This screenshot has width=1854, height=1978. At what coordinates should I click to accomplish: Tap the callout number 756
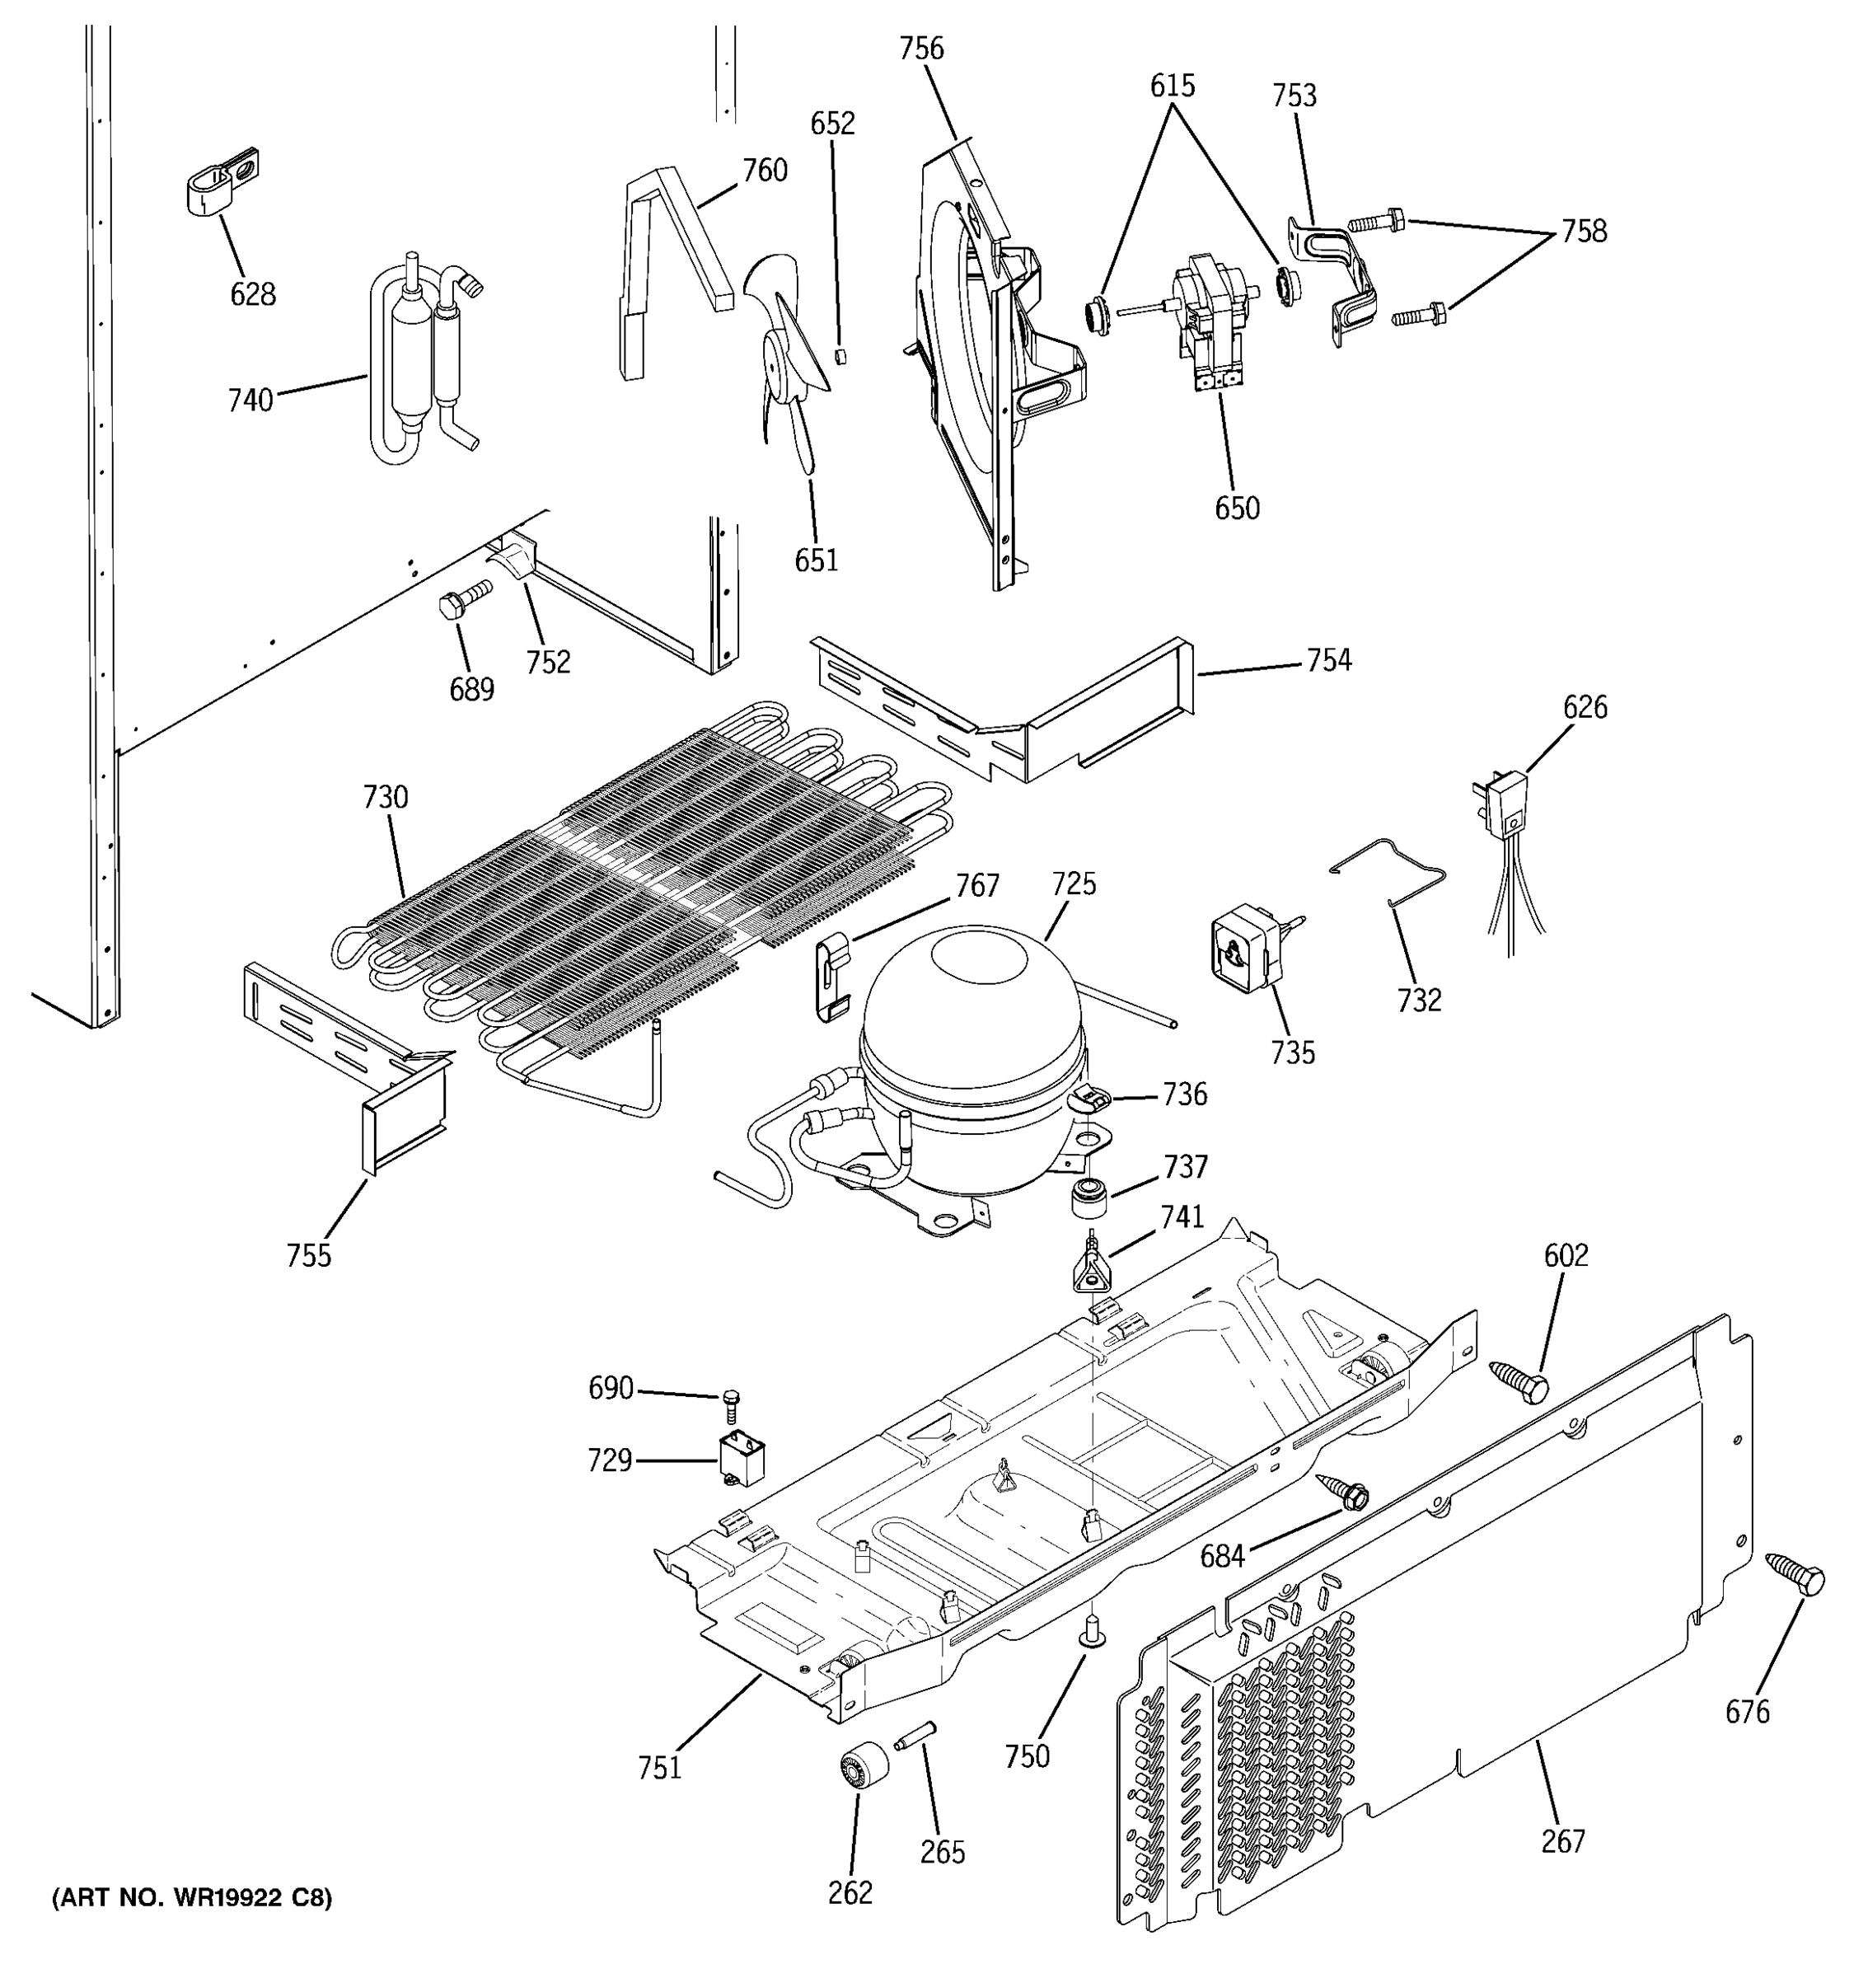(921, 49)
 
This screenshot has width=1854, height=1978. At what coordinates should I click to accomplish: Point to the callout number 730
(385, 797)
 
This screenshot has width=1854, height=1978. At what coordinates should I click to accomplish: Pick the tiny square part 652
(840, 355)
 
